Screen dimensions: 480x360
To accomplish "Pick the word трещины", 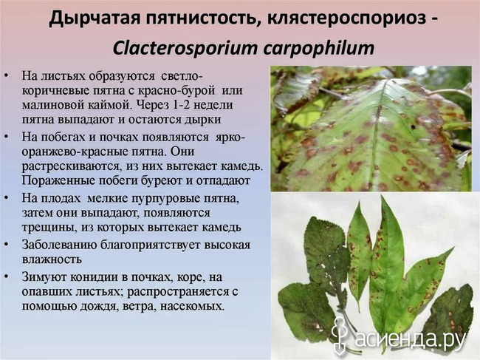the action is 49,228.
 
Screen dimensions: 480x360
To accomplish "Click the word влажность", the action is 52,259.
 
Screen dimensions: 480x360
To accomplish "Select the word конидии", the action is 94,277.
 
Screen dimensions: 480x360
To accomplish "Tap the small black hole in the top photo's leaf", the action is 413,126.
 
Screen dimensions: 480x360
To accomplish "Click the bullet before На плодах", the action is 6,199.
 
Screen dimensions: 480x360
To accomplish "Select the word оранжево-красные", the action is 74,152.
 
